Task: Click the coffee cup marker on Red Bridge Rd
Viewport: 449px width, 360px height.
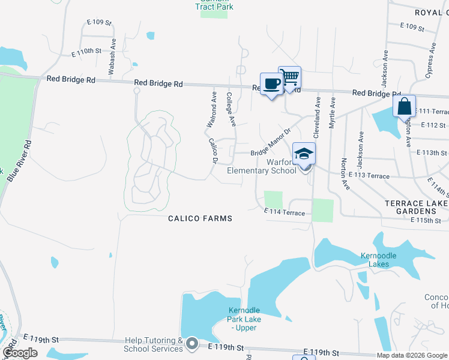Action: [271, 83]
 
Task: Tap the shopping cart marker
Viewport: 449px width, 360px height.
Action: [290, 77]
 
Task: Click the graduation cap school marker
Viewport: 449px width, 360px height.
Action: [304, 154]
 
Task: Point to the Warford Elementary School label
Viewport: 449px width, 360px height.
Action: [262, 166]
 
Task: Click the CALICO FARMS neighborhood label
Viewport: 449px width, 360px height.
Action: [200, 219]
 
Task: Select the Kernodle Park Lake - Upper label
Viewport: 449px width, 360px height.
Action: [244, 315]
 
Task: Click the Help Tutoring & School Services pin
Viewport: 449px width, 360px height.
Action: [192, 344]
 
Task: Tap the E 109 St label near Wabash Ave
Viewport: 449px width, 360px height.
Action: [99, 22]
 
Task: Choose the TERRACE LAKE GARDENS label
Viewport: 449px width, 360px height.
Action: [416, 208]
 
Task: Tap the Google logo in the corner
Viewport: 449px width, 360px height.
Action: [20, 353]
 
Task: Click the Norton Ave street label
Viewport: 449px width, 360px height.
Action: [344, 174]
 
